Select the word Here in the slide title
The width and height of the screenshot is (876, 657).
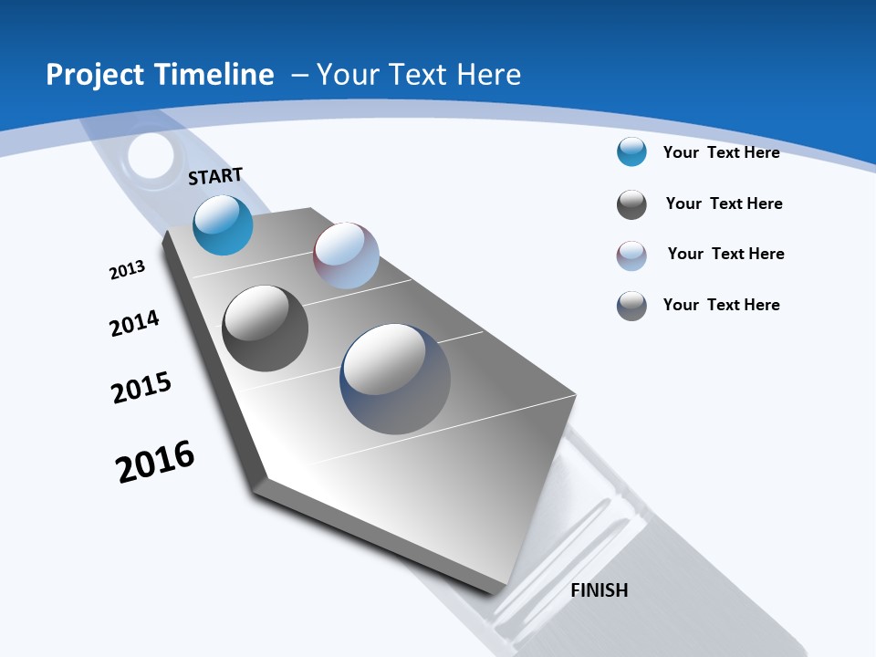click(488, 75)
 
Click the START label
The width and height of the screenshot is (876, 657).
click(215, 176)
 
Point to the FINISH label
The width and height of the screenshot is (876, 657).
click(600, 590)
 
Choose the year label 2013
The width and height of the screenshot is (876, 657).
click(128, 270)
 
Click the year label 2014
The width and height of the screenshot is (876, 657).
click(135, 323)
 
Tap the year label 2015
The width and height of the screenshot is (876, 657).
click(141, 388)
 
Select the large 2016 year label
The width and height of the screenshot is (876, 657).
click(155, 462)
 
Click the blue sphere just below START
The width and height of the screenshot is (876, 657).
click(224, 224)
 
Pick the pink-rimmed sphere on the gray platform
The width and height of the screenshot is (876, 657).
click(346, 255)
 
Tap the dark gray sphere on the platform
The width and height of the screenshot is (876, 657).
click(266, 328)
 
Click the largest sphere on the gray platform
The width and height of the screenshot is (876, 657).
click(395, 379)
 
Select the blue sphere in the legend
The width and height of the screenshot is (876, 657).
click(631, 151)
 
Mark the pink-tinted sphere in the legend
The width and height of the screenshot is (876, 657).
click(631, 255)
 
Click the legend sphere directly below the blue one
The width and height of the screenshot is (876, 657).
click(631, 204)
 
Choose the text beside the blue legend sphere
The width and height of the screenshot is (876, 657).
click(721, 152)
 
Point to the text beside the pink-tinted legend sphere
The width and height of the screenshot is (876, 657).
click(725, 254)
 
